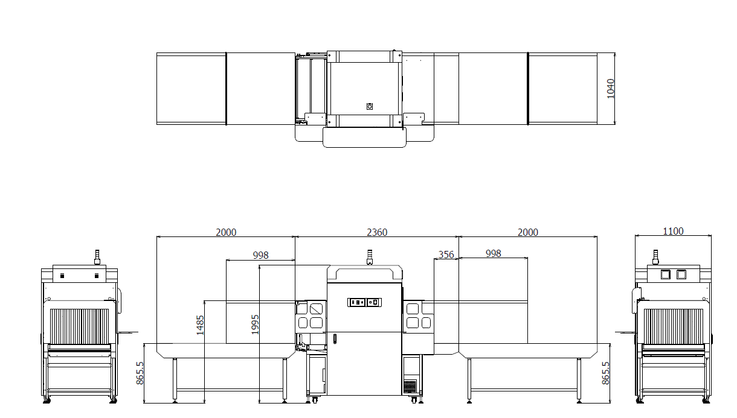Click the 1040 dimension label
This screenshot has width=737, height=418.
[x=610, y=89]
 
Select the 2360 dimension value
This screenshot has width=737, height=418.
[x=377, y=232]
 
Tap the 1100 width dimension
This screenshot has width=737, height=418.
[x=673, y=232]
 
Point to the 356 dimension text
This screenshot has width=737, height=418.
[x=446, y=255]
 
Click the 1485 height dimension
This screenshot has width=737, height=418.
[x=200, y=325]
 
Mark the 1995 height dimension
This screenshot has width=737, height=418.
[x=255, y=325]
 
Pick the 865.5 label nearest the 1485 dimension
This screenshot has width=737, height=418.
[x=140, y=373]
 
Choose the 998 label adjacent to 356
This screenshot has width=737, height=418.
[x=493, y=253]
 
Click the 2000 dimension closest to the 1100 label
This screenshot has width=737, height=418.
[x=528, y=232]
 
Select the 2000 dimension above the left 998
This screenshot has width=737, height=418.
[x=226, y=232]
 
